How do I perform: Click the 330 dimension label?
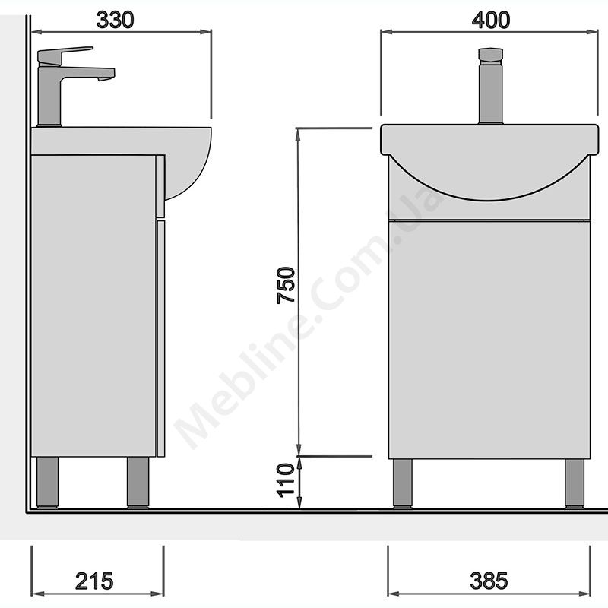pyautogui.click(x=116, y=21)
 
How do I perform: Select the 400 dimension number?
pyautogui.click(x=491, y=21)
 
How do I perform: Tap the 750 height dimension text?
pyautogui.click(x=287, y=285)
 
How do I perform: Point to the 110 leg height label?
pyautogui.click(x=286, y=480)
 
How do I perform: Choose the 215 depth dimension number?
pyautogui.click(x=94, y=581)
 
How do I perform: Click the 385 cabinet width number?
pyautogui.click(x=489, y=581)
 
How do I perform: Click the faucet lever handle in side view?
pyautogui.click(x=65, y=55)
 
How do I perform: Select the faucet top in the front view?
pyautogui.click(x=490, y=55)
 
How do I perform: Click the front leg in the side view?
pyautogui.click(x=138, y=482)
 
